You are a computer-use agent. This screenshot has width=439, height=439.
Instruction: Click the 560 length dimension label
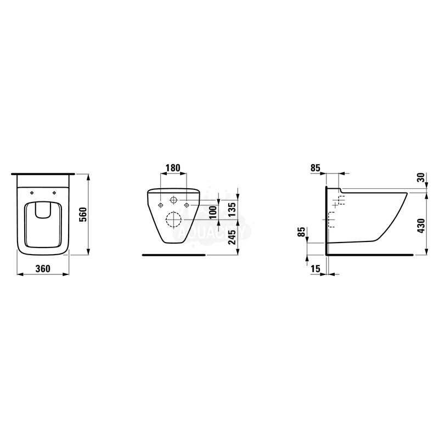[84, 215]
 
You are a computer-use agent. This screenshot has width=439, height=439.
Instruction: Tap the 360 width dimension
[43, 268]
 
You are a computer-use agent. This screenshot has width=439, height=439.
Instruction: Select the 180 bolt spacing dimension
[173, 168]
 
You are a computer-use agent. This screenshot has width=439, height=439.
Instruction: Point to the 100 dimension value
[213, 212]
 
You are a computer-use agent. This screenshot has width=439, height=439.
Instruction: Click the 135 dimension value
[232, 210]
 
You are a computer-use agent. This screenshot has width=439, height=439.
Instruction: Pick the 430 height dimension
[421, 226]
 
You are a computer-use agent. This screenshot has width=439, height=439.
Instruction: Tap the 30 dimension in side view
[421, 177]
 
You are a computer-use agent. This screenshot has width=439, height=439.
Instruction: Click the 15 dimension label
[315, 268]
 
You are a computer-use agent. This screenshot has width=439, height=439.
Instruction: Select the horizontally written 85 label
[315, 168]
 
